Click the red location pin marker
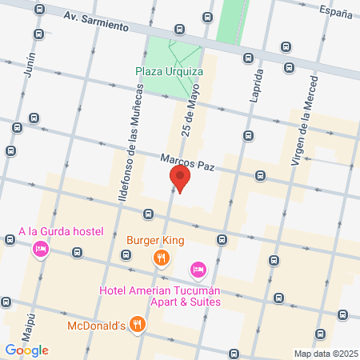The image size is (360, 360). click(180, 178)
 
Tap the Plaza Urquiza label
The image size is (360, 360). click(169, 71)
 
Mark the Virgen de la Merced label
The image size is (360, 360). click(305, 129)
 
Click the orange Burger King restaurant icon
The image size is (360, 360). click(162, 257)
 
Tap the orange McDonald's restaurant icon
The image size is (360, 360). click(138, 325)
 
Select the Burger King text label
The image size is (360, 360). click(155, 239)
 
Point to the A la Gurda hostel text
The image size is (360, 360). click(61, 232)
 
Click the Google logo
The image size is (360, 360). click(26, 350)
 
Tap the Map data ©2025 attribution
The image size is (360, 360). click(324, 354)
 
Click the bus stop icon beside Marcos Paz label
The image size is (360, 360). click(260, 175)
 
